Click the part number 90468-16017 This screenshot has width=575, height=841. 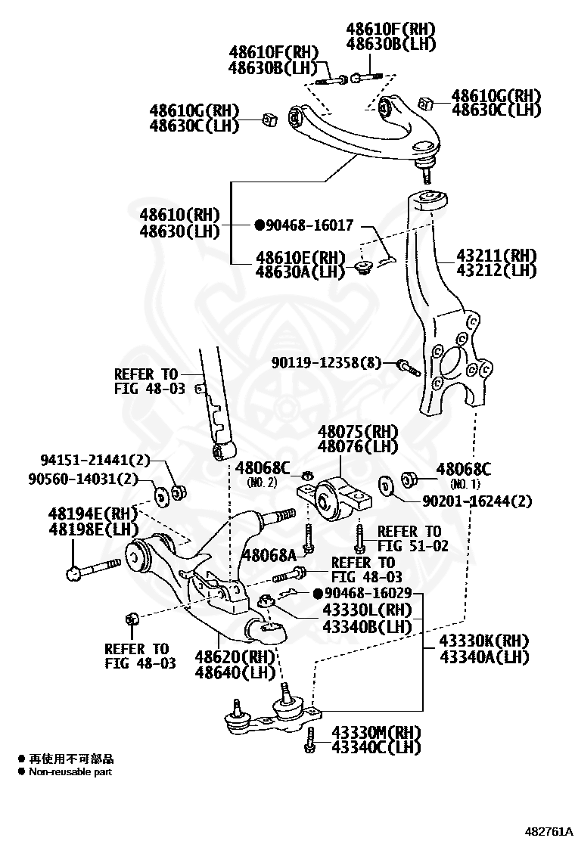(310, 225)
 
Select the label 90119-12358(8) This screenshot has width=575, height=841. (326, 363)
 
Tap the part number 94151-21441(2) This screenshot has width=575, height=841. (95, 460)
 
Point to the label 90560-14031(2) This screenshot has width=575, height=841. (83, 478)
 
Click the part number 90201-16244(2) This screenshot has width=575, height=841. (477, 501)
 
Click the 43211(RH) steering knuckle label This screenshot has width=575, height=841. (496, 255)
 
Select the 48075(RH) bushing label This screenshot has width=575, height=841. (358, 431)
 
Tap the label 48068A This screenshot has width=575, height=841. (269, 554)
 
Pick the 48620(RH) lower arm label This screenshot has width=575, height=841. (235, 656)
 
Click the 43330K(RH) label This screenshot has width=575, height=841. (483, 641)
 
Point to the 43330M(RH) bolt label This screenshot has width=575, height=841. (376, 732)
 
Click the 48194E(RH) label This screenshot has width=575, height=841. (93, 514)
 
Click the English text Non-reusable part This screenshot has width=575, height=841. (70, 772)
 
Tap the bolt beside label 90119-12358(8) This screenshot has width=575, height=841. (409, 368)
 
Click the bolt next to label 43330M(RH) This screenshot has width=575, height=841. (309, 740)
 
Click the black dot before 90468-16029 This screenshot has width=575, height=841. (318, 594)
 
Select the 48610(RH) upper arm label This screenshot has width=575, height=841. (180, 215)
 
